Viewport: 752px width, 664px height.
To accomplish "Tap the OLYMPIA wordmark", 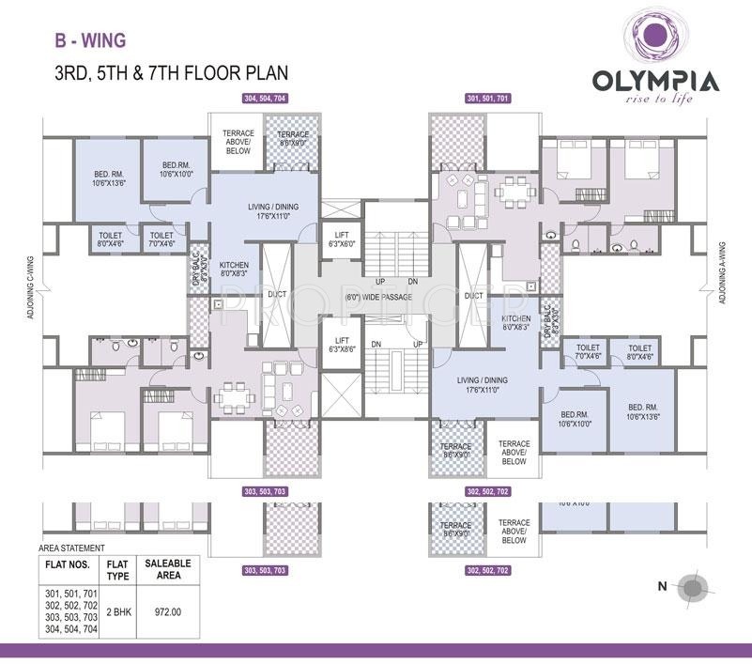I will point(655,81).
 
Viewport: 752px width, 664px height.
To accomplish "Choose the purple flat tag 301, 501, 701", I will point(487,99).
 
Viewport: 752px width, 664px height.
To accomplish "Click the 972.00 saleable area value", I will point(168,610).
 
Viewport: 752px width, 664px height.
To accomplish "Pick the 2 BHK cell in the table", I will point(117,610).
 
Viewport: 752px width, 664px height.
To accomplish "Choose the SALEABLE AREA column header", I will point(168,569).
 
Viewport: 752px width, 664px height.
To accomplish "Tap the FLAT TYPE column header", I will point(117,569).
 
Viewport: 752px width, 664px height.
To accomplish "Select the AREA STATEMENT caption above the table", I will point(71,547).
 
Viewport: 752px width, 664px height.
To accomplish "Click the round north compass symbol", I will point(694,587).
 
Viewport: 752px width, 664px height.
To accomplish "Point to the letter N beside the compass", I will point(662,587).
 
